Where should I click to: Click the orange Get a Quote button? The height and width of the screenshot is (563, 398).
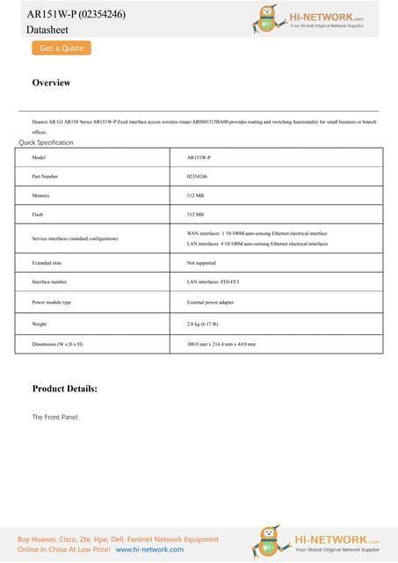click(62, 48)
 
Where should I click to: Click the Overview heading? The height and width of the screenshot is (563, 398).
click(51, 83)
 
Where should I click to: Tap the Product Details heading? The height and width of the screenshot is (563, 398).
click(64, 388)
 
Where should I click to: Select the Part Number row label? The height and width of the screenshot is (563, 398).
click(45, 176)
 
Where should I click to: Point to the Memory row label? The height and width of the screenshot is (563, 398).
click(40, 195)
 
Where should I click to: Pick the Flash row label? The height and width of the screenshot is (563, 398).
click(38, 214)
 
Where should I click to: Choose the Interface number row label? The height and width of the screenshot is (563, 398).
click(49, 282)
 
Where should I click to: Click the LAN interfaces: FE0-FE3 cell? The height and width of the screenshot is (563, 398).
click(213, 282)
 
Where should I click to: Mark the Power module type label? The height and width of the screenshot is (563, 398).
click(51, 302)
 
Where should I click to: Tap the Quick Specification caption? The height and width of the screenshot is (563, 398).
click(46, 143)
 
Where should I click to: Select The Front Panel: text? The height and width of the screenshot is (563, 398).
click(55, 416)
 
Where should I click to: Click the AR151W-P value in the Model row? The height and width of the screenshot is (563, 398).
click(199, 157)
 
